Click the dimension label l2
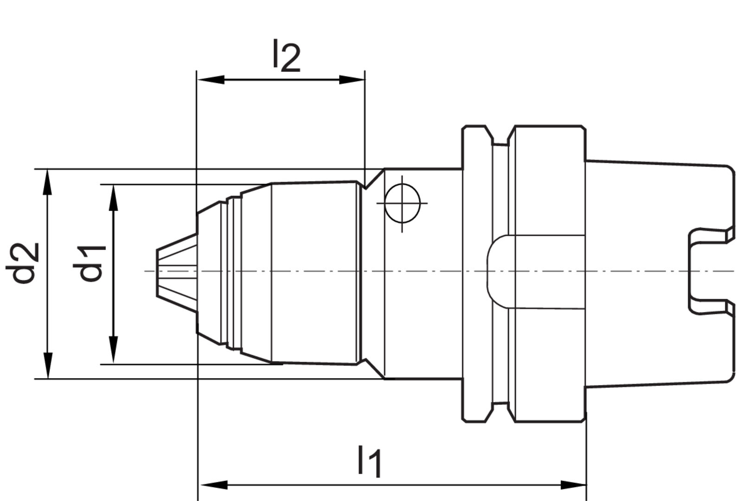pyautogui.click(x=286, y=57)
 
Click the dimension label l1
pyautogui.click(x=369, y=461)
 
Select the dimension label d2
pyautogui.click(x=24, y=263)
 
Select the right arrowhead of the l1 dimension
pyautogui.click(x=573, y=485)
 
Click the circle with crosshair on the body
pyautogui.click(x=402, y=204)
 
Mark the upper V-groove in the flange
pyautogui.click(x=500, y=138)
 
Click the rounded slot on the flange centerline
pyautogui.click(x=499, y=271)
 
